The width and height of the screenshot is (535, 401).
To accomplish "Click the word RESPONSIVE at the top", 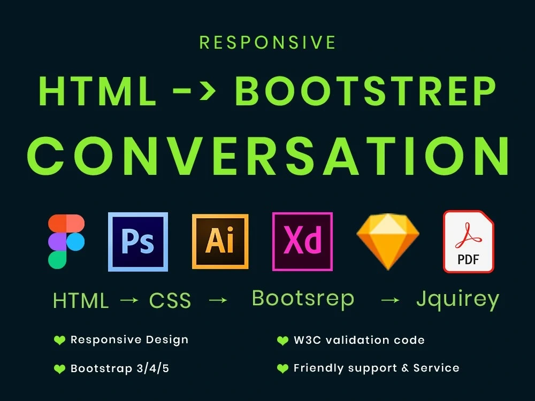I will coord(267,43).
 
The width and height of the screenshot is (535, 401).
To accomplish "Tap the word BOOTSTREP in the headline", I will coord(366,91).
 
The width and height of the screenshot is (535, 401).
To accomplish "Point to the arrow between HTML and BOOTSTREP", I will coord(195,92).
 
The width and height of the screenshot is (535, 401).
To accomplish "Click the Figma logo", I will coord(66,241).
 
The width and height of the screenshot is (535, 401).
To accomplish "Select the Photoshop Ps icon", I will coord(138,242).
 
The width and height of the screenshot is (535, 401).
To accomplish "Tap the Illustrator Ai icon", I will coord(220,241).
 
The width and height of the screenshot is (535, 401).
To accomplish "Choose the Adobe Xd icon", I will coord(302,241).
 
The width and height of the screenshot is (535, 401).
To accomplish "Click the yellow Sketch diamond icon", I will coord(388,241).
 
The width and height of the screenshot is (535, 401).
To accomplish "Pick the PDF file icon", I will coord(468,242).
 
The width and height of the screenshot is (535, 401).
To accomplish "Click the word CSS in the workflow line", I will coord(170,301).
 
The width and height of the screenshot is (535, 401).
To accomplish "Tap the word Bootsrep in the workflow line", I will coord(303,298).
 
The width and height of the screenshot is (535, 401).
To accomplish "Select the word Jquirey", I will coord(457,299).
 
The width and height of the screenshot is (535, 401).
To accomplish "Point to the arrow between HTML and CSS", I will coord(129,300).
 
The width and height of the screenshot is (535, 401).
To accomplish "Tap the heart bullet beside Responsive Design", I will coord(59,340).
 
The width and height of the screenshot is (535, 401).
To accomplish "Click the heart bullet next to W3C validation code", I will coord(282,341).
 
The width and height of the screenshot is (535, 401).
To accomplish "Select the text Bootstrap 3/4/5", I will coord(120,368).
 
